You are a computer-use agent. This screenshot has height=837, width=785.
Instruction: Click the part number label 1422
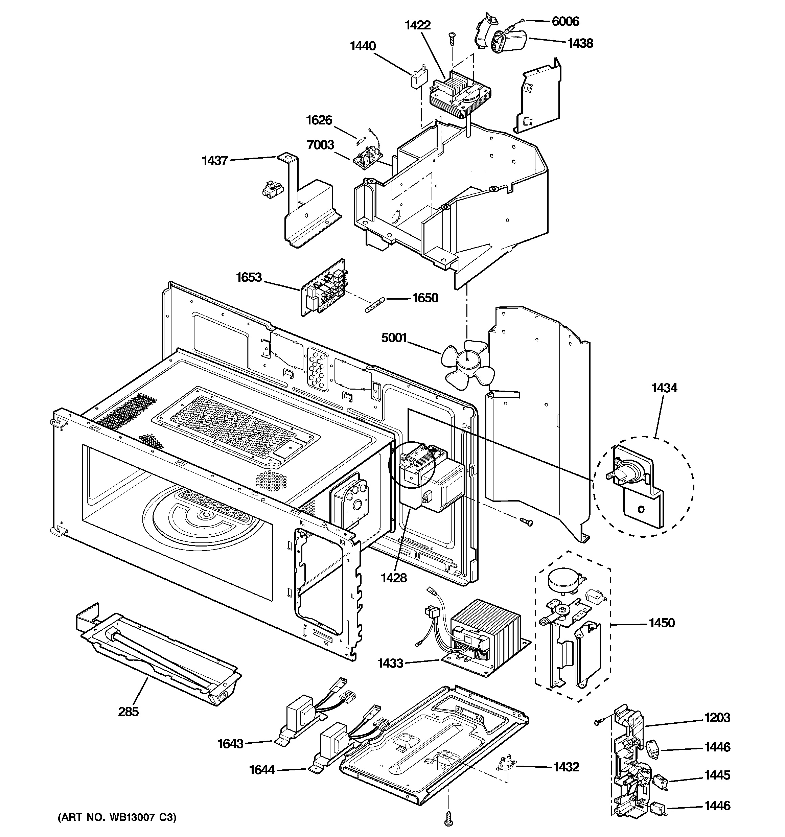[x=418, y=25]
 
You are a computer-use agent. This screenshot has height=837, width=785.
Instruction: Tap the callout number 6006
[x=565, y=21]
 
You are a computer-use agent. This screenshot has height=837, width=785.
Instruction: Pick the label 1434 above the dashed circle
[x=664, y=388]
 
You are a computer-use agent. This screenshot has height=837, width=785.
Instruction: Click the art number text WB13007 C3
[x=117, y=817]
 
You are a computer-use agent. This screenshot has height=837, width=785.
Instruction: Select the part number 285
[x=128, y=712]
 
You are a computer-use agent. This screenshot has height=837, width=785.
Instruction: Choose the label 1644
[x=262, y=770]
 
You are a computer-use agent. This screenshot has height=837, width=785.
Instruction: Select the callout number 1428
[x=394, y=578]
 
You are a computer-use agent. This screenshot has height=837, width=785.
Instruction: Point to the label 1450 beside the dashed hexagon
[x=662, y=623]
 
